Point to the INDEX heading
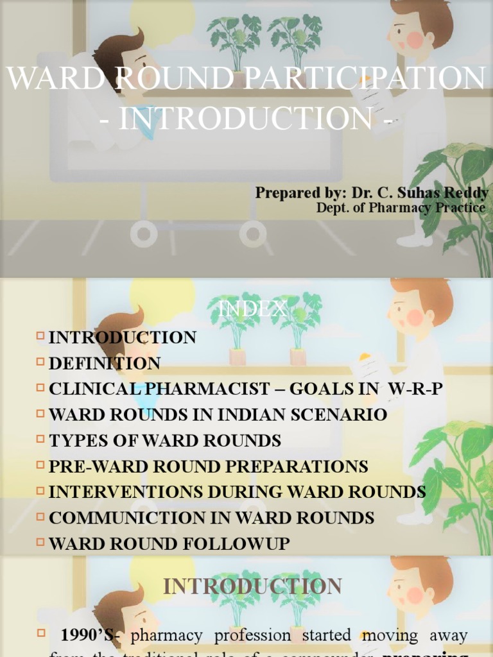252,310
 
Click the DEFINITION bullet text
105,364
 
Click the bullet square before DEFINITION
41,362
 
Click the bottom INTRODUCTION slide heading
252,586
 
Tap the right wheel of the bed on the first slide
253,234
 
